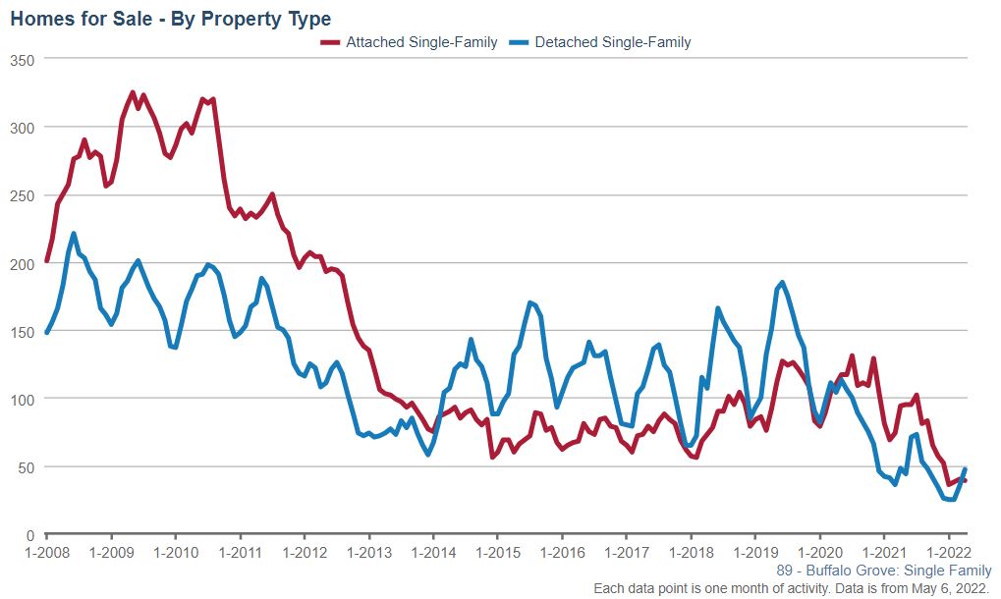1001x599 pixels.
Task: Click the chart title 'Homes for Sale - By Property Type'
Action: [171, 19]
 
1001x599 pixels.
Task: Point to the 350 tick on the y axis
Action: [22, 60]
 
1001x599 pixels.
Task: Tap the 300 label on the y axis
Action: [22, 128]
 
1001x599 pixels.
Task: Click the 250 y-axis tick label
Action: [22, 195]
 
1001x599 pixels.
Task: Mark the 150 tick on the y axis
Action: [22, 332]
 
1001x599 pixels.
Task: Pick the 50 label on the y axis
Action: [26, 467]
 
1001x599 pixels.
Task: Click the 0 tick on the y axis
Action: [29, 535]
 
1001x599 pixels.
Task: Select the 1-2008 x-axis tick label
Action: [47, 552]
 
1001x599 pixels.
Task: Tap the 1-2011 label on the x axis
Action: [240, 552]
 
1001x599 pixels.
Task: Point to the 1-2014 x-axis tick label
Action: [432, 552]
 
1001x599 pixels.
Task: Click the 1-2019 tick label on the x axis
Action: [753, 552]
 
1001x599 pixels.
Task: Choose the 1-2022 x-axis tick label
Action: [946, 552]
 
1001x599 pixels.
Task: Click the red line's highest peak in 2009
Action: [133, 92]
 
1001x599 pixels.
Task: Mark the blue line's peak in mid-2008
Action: [75, 234]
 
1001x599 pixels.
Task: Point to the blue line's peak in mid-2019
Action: [782, 283]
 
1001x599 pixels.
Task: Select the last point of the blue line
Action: [965, 469]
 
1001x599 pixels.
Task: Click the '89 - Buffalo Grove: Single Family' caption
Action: [883, 571]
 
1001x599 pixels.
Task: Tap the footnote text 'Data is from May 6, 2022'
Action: [905, 588]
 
